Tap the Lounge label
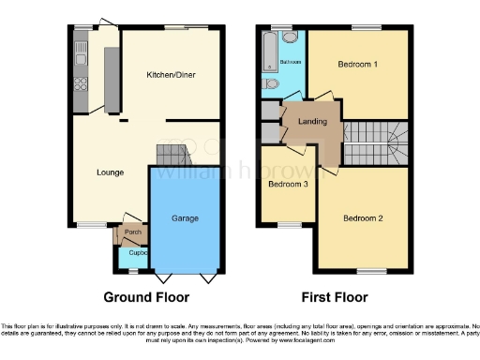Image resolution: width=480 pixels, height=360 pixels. [110, 172]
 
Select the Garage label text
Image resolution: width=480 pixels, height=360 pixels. [184, 217]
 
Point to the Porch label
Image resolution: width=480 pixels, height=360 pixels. [132, 232]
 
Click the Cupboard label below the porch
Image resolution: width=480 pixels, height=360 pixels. [138, 252]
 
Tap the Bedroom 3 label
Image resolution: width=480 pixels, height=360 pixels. [286, 184]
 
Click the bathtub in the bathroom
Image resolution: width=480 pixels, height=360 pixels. [270, 52]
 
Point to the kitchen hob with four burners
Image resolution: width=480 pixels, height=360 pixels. [82, 91]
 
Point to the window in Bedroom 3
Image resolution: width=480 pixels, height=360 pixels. [286, 224]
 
